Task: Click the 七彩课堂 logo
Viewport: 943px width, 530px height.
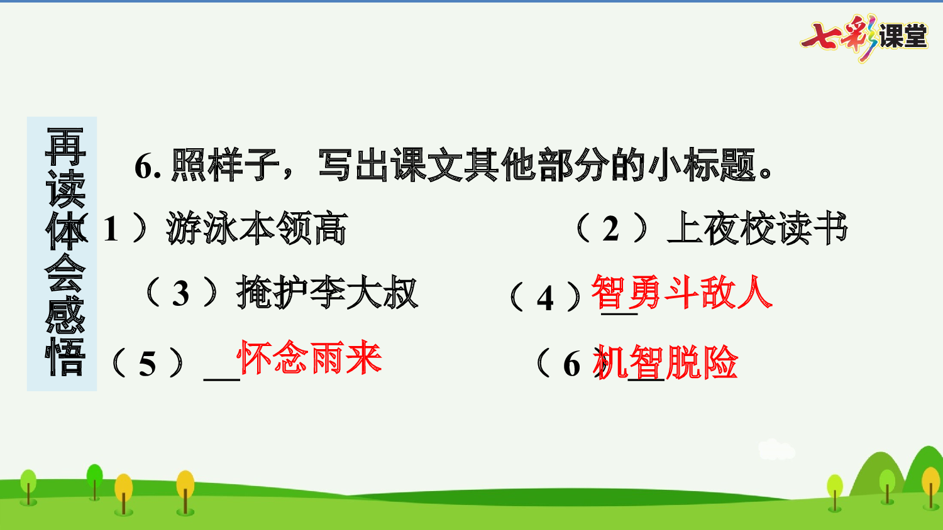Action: [x=864, y=36]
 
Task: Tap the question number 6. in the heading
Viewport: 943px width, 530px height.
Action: [x=148, y=166]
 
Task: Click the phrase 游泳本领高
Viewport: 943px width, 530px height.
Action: [x=256, y=228]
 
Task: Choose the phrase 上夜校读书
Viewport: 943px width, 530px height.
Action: [x=758, y=228]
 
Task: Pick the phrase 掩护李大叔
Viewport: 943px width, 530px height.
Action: [x=327, y=293]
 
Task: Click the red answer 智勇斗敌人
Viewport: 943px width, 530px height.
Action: [x=682, y=293]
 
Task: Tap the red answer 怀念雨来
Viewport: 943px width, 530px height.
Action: [x=310, y=359]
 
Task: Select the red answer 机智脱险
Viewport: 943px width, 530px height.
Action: [x=666, y=362]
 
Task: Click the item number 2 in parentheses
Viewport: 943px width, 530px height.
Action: [x=610, y=229]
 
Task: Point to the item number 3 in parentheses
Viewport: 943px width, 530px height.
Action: [x=181, y=294]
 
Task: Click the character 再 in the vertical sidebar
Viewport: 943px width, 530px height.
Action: [x=65, y=146]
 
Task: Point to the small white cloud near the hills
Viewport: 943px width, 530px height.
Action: [x=776, y=448]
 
